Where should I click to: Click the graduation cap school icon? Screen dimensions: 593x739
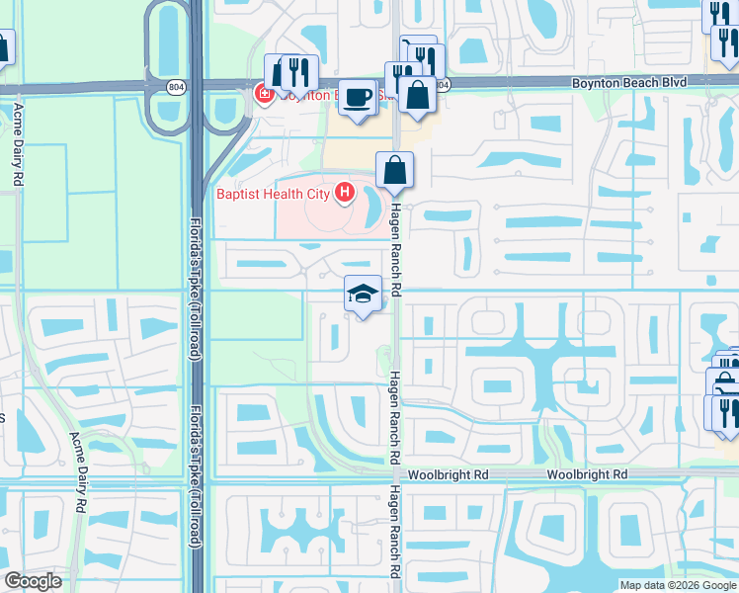(x=363, y=294)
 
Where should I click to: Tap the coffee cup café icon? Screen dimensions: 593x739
(x=359, y=98)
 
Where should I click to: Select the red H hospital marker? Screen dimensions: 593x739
(x=344, y=192)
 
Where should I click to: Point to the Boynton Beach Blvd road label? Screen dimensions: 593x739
(x=627, y=84)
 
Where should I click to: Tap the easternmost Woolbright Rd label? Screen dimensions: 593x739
(x=588, y=475)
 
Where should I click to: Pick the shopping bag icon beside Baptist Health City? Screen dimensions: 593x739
(x=394, y=170)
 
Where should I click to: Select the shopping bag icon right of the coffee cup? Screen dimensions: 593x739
(x=418, y=96)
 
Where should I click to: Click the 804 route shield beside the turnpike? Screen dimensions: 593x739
(x=175, y=85)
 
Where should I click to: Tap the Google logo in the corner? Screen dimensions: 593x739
(x=33, y=580)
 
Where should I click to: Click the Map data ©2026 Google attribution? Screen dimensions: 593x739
(x=677, y=585)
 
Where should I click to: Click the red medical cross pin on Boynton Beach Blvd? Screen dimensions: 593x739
(x=264, y=95)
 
